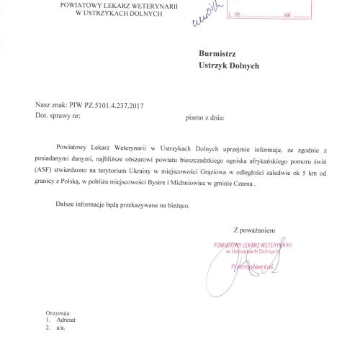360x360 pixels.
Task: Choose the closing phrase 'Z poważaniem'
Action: (x=254, y=230)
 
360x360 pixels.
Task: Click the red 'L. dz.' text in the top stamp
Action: (x=236, y=14)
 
